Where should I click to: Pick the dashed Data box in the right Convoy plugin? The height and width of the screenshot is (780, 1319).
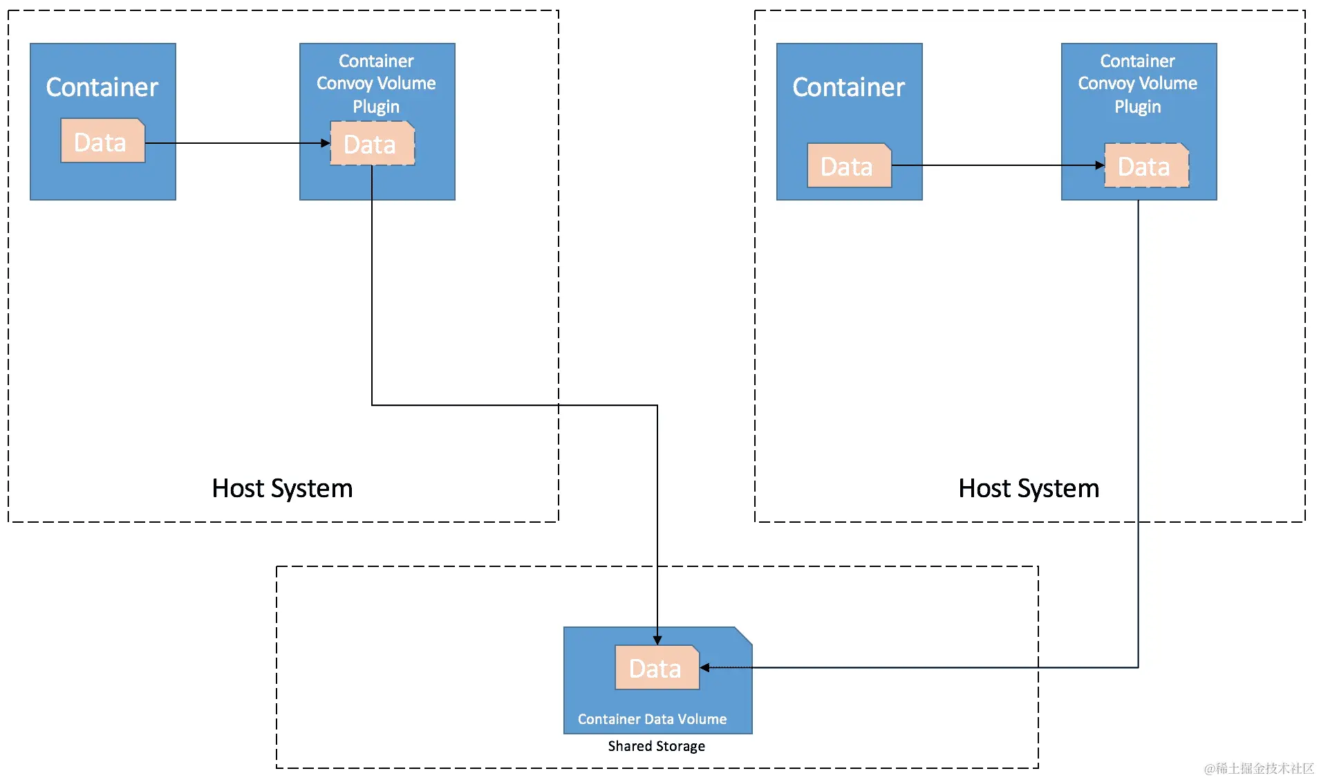point(1146,166)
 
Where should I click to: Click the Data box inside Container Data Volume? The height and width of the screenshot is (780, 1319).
point(657,668)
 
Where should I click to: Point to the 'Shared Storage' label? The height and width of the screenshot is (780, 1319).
point(656,746)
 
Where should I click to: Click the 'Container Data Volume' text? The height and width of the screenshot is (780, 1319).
point(652,719)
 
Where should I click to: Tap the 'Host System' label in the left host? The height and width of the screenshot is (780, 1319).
point(282,488)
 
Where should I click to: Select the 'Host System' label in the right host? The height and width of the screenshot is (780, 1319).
point(1029,488)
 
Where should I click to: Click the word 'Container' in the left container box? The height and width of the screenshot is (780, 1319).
point(102,87)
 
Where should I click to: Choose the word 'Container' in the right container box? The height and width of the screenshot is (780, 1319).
point(848,87)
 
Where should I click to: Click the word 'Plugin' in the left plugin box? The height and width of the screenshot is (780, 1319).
point(376,106)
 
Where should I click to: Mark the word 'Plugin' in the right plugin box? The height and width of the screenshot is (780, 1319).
point(1137,106)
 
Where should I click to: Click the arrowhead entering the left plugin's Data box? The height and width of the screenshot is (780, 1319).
point(326,143)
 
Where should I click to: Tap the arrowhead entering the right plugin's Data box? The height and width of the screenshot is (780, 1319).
point(1100,165)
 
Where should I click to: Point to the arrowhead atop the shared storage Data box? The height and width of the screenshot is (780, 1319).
point(657,640)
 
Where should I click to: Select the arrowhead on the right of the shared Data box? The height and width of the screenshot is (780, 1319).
point(705,667)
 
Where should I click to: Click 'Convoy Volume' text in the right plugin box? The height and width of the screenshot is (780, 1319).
point(1137,83)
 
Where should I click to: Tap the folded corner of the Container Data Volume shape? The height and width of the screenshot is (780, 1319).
point(745,635)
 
